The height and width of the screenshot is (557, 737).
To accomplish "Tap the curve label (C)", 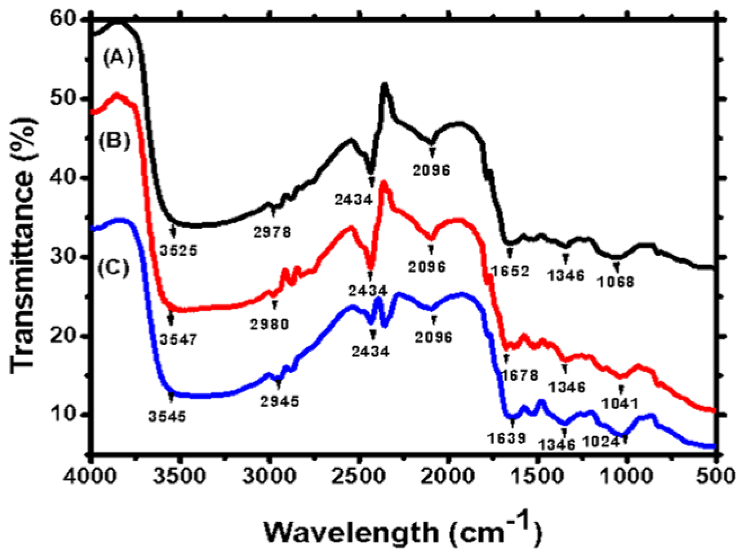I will (113, 268).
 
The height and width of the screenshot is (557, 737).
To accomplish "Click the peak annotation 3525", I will (178, 250).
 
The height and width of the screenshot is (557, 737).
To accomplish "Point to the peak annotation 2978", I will (272, 232).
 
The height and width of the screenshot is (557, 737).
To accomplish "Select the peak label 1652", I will (510, 271).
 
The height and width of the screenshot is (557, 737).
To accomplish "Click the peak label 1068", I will (615, 282).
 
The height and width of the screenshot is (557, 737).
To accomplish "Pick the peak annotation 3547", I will (178, 339).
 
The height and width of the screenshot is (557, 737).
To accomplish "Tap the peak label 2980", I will (269, 324).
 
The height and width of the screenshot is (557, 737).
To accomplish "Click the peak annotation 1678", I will (519, 375).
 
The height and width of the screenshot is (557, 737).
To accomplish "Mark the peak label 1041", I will (620, 404).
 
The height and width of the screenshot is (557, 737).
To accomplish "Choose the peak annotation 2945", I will (280, 401).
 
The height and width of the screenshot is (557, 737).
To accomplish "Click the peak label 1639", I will (507, 438).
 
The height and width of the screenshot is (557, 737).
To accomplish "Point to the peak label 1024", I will (601, 442).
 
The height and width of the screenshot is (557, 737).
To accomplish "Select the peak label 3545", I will (167, 416).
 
